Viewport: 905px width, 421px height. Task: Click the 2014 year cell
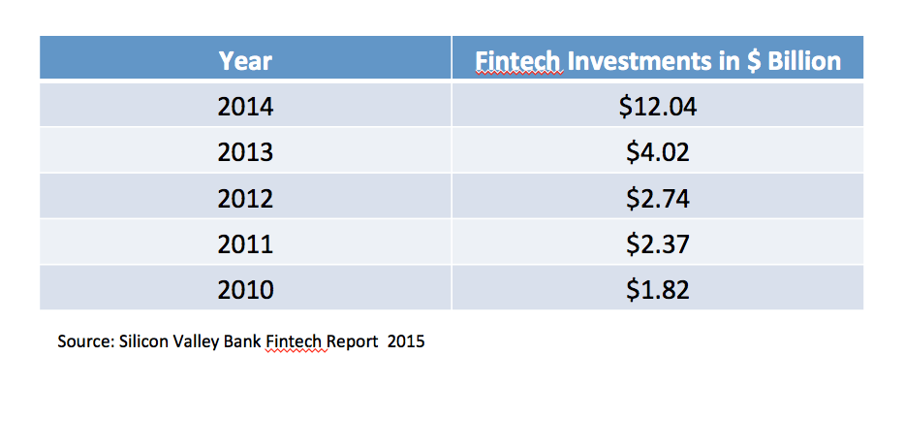[245, 108]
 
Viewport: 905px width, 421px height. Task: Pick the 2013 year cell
[245, 152]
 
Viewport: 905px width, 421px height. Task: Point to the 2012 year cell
[245, 199]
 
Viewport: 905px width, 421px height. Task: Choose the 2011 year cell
[245, 244]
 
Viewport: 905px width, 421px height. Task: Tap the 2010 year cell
[245, 290]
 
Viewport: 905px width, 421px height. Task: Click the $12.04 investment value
[657, 108]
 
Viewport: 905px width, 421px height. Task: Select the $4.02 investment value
[657, 152]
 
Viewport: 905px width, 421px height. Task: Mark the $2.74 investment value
[657, 199]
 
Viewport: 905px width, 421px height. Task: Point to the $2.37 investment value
[657, 244]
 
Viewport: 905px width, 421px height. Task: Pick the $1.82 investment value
[657, 290]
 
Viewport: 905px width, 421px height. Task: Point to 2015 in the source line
[406, 341]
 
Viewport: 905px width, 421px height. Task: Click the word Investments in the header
[639, 61]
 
